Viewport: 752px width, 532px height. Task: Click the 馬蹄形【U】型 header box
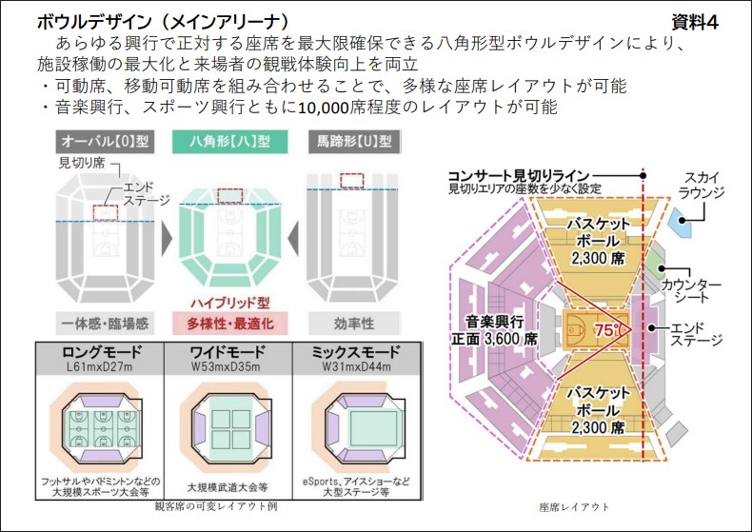[x=356, y=141]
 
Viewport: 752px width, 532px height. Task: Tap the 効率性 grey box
[x=356, y=324]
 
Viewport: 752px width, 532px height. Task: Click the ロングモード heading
[x=98, y=352]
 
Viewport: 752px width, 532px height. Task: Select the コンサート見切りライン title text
[x=519, y=175]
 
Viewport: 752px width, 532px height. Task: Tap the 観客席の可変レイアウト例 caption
[x=216, y=506]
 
